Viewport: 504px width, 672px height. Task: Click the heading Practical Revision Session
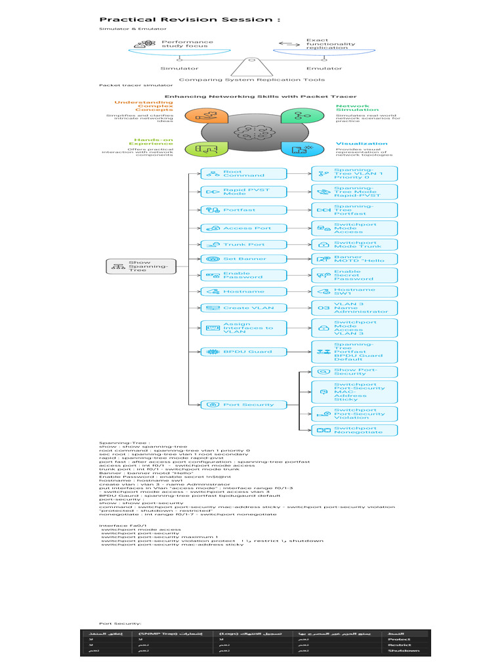click(189, 19)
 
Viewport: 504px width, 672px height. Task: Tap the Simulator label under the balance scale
click(179, 68)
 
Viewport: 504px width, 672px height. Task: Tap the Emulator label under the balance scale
click(324, 68)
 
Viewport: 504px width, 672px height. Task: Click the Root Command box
click(244, 173)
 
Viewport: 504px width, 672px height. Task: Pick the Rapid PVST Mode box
click(244, 192)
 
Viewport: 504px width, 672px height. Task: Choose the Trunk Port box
click(244, 245)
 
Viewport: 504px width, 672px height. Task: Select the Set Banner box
click(244, 259)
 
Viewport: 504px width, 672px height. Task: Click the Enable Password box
click(244, 276)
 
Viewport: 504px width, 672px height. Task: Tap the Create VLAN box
click(244, 308)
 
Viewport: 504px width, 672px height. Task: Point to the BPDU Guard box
click(244, 352)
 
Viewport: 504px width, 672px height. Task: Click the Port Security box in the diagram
click(244, 405)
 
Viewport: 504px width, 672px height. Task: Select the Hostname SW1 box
click(354, 291)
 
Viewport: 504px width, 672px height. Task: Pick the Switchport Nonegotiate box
click(354, 430)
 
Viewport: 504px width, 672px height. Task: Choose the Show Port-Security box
click(354, 372)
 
